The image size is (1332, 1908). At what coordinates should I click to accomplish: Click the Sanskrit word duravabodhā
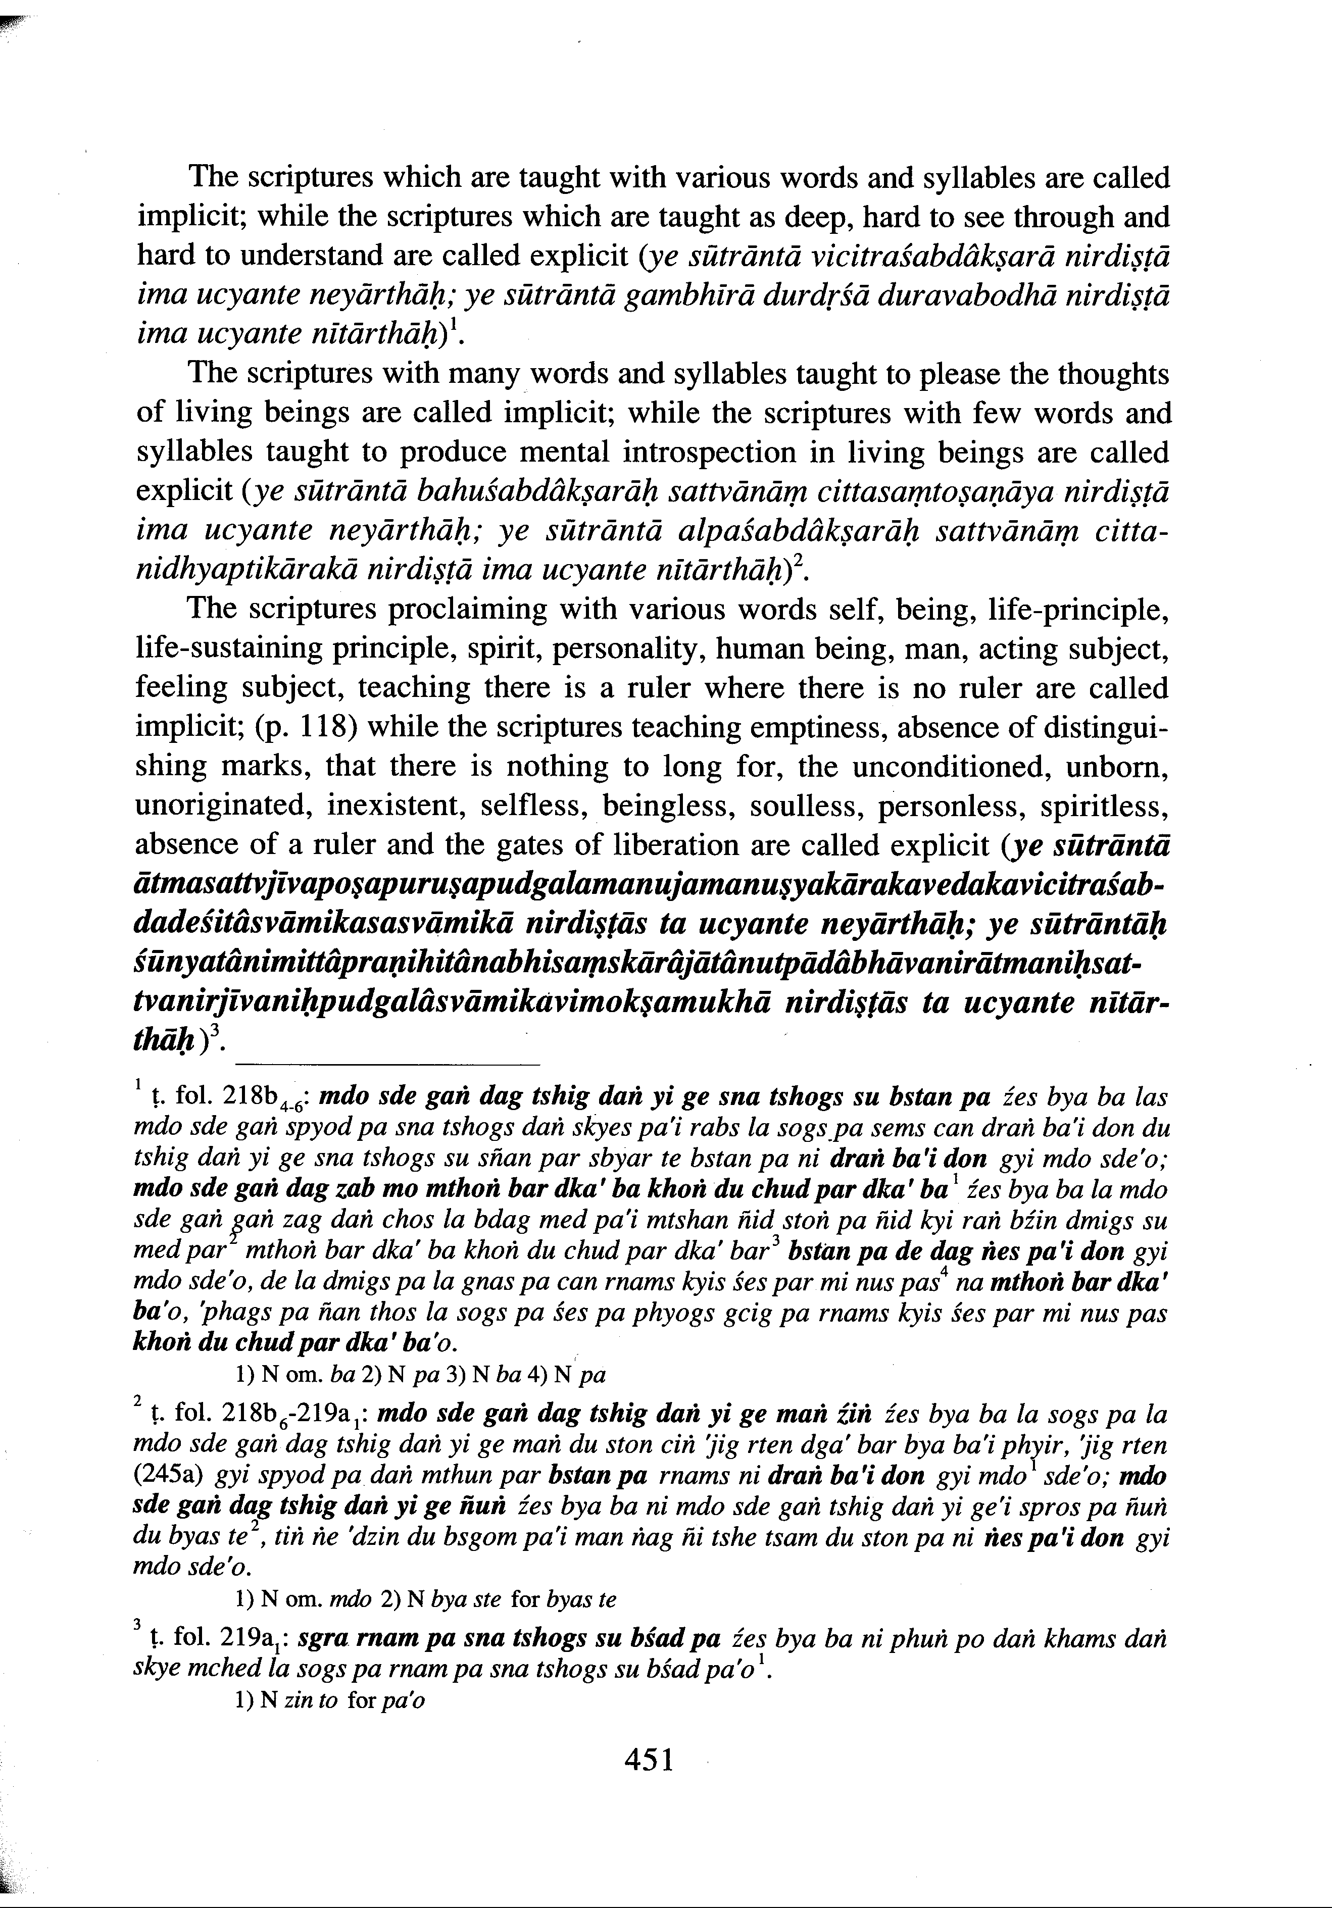[x=967, y=296]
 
